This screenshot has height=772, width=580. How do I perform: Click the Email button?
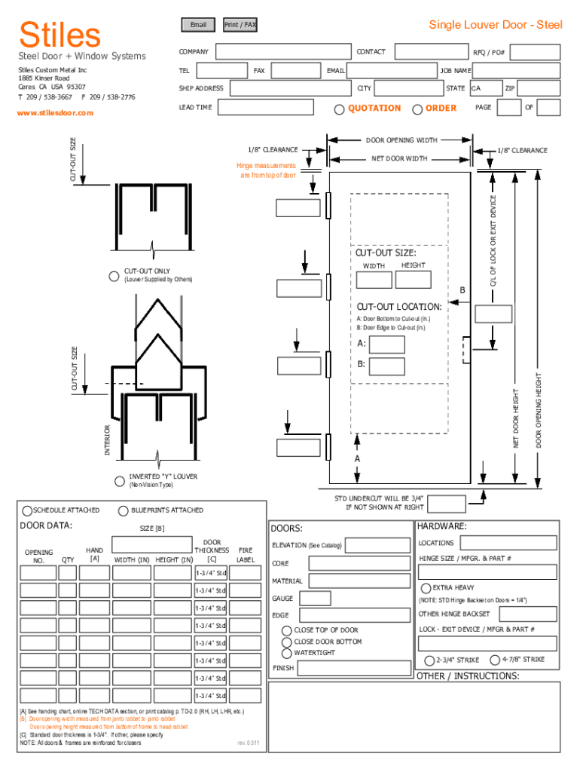(x=198, y=25)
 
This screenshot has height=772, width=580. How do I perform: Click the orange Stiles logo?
(x=60, y=35)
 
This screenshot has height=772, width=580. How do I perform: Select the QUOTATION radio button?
(x=339, y=109)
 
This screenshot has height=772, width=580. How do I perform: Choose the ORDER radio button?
(x=417, y=109)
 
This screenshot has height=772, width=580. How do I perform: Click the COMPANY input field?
(x=283, y=51)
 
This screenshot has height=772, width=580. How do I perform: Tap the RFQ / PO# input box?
(x=536, y=52)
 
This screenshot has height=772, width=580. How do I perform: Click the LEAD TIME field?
(x=266, y=107)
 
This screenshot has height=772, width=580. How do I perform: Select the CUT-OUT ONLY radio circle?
(x=114, y=276)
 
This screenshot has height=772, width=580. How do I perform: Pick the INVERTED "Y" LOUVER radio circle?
(x=120, y=481)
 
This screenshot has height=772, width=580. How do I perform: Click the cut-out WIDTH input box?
(x=374, y=280)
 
